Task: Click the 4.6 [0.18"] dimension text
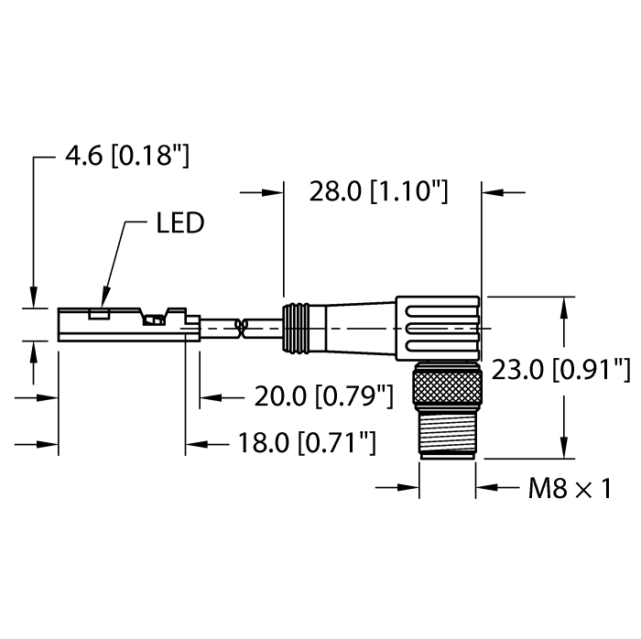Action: tap(126, 157)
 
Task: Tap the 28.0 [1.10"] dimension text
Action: tap(378, 192)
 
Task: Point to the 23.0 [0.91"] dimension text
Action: tap(560, 370)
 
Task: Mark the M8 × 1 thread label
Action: tap(569, 489)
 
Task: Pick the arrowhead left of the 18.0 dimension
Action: tap(195, 444)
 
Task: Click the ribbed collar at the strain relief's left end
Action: tap(294, 324)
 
